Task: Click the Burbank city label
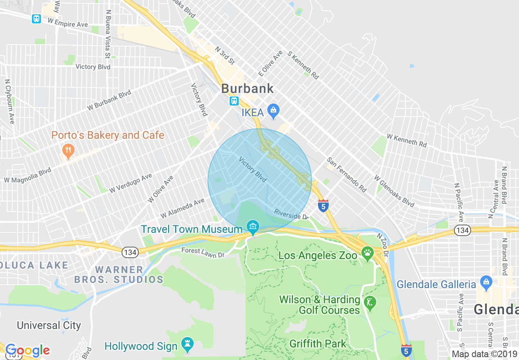click(247, 89)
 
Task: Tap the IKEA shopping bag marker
click(273, 110)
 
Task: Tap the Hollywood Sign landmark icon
click(187, 346)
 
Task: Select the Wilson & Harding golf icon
click(370, 303)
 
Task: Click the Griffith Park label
click(318, 344)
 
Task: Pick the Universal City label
click(49, 326)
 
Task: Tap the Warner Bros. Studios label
click(119, 274)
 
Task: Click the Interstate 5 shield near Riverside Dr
click(323, 205)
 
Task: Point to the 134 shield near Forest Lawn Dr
click(130, 252)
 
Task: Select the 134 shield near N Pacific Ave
click(462, 231)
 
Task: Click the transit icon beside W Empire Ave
click(36, 19)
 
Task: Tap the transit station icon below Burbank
click(234, 101)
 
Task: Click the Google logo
click(27, 350)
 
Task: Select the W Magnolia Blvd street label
click(27, 175)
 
